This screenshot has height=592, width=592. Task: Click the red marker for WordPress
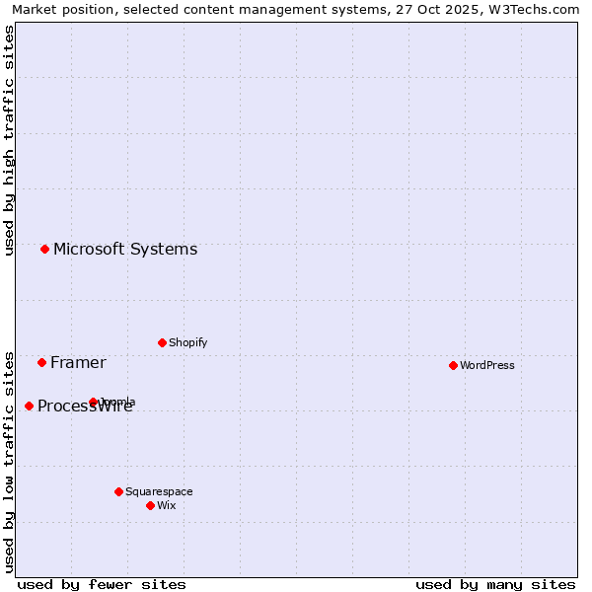[453, 365]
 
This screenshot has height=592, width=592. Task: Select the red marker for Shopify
[162, 342]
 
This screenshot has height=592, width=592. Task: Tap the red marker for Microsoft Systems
[44, 249]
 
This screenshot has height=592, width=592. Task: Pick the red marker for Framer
[41, 362]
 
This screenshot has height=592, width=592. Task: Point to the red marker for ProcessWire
[29, 406]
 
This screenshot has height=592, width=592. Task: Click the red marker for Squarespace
[118, 491]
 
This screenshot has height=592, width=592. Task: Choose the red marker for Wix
[150, 505]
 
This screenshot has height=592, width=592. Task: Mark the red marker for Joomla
[93, 402]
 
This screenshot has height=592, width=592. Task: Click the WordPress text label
[487, 365]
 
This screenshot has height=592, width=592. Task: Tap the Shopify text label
[187, 342]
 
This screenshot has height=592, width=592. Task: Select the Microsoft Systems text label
[125, 249]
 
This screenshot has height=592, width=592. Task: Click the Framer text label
[78, 362]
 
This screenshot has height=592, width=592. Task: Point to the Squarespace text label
[159, 491]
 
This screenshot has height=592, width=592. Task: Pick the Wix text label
[166, 505]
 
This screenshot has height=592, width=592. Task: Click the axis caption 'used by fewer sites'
[102, 584]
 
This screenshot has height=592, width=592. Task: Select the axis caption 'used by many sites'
[495, 584]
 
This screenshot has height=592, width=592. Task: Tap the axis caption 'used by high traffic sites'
[9, 141]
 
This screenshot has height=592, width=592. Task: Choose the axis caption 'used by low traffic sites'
[9, 462]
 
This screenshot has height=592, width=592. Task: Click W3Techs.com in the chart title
[532, 9]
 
